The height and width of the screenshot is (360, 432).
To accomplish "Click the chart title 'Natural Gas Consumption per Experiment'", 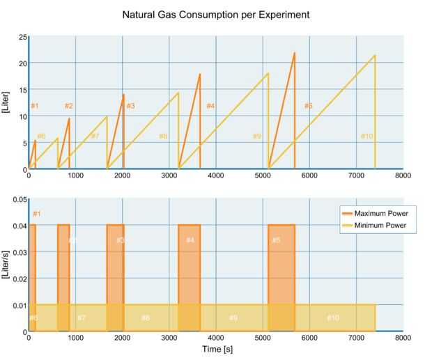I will pos(216,15).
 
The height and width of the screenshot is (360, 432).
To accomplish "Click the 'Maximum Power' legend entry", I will pos(380,213).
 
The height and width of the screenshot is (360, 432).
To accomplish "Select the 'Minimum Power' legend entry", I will pos(380,226).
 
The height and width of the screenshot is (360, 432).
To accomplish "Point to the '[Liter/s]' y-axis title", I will pos(6,265).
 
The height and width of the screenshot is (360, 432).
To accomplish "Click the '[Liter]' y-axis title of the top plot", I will pos(6,102).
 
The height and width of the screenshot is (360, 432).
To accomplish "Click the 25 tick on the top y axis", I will pos(22,37).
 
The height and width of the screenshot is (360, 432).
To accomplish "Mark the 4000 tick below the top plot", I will pos(215,176).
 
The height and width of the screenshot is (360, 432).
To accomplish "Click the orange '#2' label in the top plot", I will pos(69,106).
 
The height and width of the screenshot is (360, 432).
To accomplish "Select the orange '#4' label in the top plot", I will pos(210,106).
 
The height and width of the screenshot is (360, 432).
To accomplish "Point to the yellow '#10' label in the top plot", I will pos(367,136).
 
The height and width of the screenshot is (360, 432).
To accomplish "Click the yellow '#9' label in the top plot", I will pos(257,136).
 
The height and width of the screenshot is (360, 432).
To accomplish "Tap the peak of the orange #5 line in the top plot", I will pos(295,53).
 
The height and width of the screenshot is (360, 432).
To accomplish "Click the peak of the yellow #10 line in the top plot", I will pos(375,56).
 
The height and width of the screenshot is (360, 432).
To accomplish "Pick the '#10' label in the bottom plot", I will pos(333,318).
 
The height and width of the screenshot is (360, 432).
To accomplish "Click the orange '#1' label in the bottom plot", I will pos(37,214).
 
